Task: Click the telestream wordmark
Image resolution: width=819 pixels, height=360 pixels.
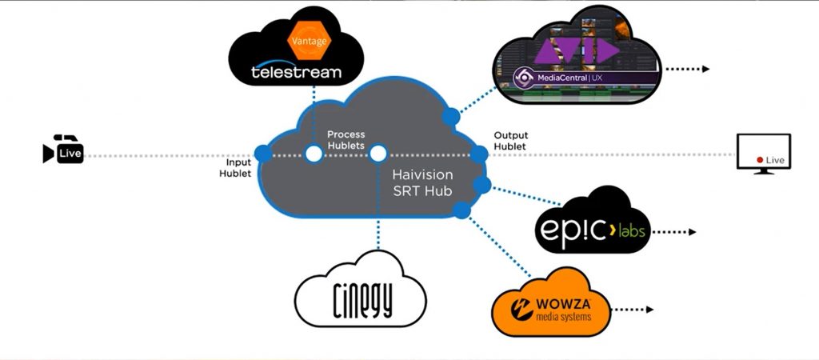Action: click(x=296, y=72)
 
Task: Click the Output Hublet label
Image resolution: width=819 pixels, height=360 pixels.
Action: click(x=510, y=141)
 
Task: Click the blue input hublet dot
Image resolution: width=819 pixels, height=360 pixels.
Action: click(x=262, y=153)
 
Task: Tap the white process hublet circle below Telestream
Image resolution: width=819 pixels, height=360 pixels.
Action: click(x=314, y=153)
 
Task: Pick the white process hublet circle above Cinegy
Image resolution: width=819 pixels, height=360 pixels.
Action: click(x=378, y=153)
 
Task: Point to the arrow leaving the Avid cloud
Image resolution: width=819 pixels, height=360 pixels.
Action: click(x=687, y=69)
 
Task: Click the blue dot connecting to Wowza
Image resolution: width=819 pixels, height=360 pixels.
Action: click(x=461, y=210)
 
